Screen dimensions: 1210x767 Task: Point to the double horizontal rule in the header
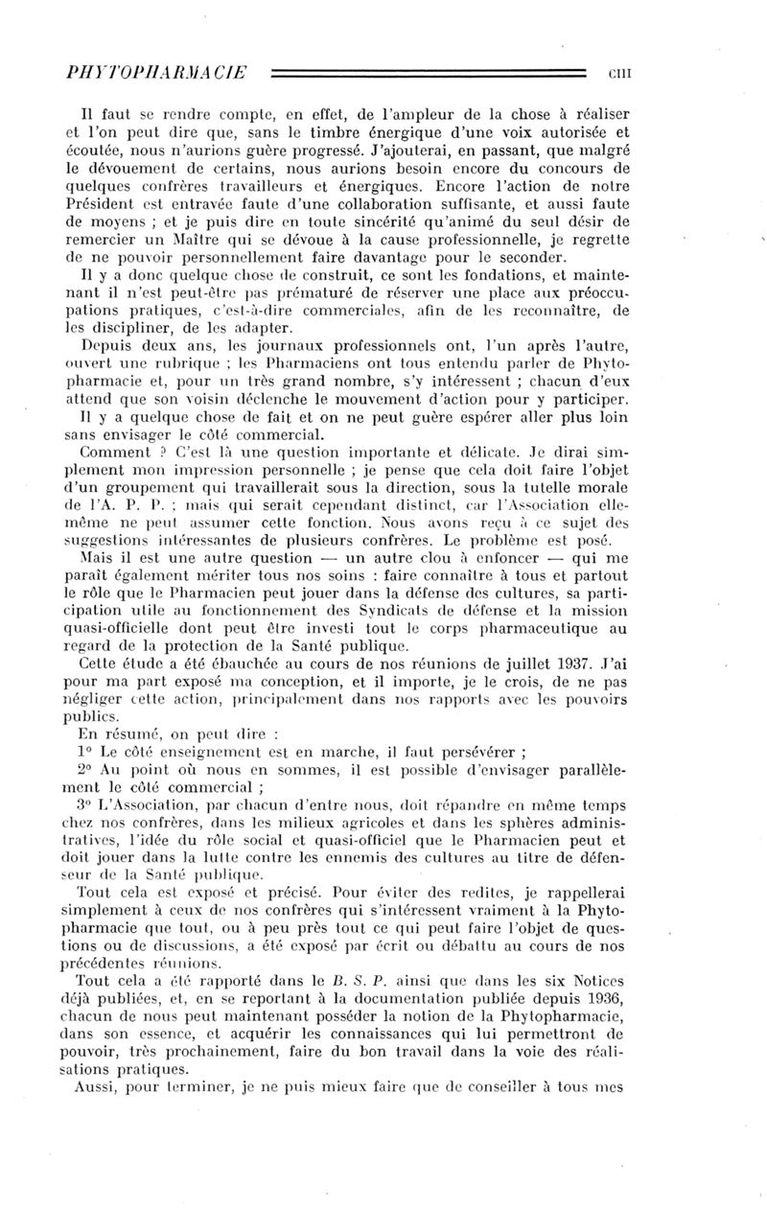pos(429,71)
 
